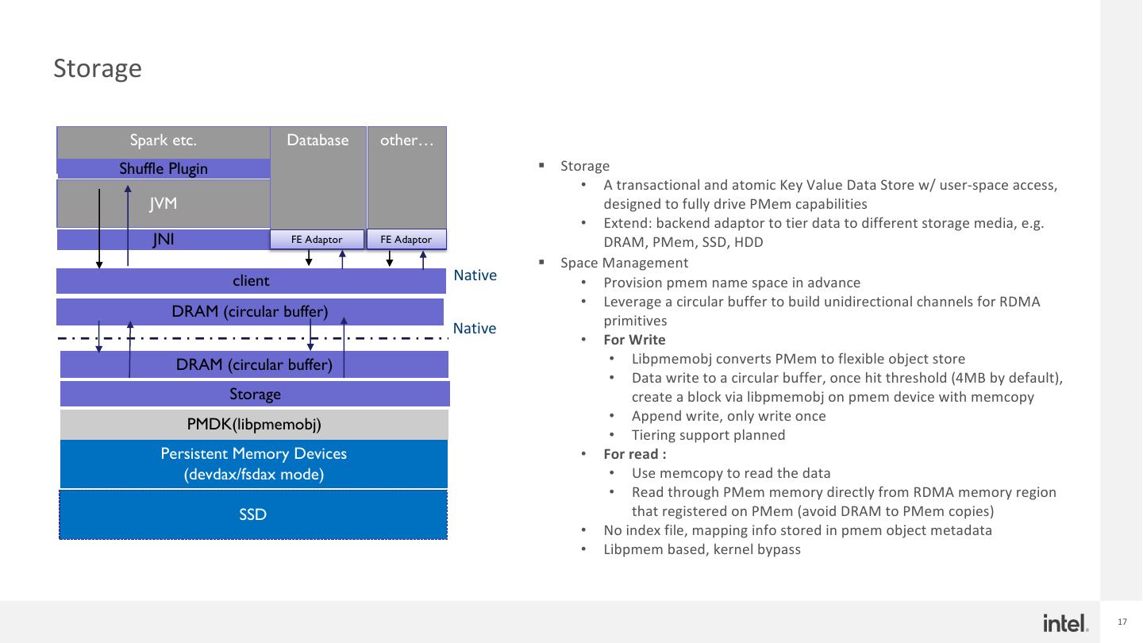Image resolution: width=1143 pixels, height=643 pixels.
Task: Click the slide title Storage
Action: [x=97, y=68]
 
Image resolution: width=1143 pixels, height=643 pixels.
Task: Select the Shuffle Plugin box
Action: [x=164, y=168]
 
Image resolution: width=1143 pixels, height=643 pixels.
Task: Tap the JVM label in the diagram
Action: [x=163, y=204]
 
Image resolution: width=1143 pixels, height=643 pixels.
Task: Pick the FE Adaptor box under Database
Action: [x=317, y=240]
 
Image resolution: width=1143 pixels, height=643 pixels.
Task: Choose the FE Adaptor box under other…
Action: [x=406, y=240]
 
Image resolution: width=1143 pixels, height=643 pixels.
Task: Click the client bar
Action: [x=251, y=281]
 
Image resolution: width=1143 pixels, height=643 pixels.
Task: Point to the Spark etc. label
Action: [x=164, y=141]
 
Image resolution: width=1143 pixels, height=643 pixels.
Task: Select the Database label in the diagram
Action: [x=317, y=141]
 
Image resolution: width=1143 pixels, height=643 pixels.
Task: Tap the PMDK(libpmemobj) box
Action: [x=254, y=425]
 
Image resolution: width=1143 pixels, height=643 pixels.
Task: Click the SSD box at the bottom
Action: [x=253, y=515]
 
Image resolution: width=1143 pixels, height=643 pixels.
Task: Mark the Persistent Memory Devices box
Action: [x=254, y=464]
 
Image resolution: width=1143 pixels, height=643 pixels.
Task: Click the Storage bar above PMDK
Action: [x=255, y=395]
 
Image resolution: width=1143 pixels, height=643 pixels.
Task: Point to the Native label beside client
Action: [x=475, y=275]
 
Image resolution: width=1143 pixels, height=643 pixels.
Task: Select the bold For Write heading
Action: [x=634, y=340]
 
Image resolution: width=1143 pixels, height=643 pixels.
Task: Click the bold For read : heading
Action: [x=634, y=454]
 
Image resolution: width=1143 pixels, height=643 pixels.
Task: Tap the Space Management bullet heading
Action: [x=624, y=263]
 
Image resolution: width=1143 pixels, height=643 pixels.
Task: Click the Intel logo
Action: [x=1065, y=623]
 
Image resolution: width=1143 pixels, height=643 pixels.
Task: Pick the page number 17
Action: [x=1122, y=622]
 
